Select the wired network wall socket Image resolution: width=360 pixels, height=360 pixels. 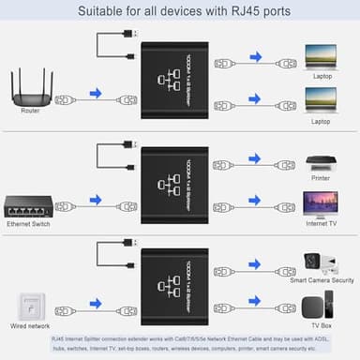click(x=31, y=306)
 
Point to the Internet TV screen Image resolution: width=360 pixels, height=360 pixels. click(x=320, y=204)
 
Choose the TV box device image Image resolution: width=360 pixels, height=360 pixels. click(x=320, y=306)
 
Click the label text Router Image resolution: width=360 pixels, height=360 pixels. click(x=30, y=112)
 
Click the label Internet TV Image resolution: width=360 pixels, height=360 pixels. click(x=320, y=225)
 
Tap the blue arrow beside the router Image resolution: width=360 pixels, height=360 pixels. click(x=95, y=95)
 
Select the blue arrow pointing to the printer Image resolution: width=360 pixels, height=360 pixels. click(x=258, y=161)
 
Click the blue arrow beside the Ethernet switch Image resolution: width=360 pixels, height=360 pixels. click(x=95, y=199)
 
